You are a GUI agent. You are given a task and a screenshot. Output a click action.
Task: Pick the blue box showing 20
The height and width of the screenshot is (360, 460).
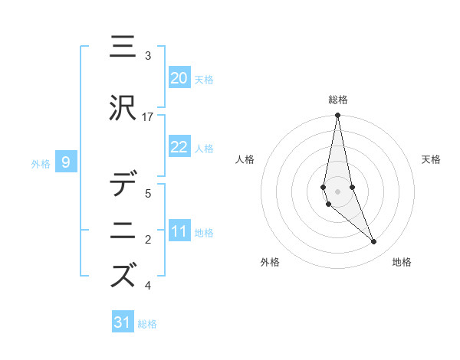[179, 77]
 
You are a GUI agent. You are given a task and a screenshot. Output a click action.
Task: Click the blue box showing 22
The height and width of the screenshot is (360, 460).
[179, 147]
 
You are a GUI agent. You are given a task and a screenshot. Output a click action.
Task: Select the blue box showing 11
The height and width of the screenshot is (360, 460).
[179, 232]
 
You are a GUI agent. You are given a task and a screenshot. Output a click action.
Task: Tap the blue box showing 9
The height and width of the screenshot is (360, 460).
[66, 162]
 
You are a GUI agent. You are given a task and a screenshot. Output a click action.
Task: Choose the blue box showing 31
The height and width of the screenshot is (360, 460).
[123, 322]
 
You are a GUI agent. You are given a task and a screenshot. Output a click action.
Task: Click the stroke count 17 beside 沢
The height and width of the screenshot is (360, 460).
[148, 116]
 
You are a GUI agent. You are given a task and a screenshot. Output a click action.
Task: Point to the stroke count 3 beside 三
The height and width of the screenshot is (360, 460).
[148, 56]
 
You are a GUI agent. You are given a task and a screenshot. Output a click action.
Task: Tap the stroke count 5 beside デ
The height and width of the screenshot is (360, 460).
[148, 194]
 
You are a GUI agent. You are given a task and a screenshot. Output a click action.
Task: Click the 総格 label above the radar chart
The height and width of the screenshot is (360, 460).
[338, 100]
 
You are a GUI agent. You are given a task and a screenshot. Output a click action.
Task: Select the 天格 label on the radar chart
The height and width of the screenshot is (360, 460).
[432, 159]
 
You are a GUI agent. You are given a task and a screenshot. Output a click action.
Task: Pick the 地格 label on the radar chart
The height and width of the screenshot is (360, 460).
[402, 263]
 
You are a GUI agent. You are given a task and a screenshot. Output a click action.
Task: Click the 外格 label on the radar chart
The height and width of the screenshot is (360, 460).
[270, 263]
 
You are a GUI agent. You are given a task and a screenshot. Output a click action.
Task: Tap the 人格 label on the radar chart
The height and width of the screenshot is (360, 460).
[245, 159]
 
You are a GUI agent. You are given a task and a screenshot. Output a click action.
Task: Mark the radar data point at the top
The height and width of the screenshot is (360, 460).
[337, 116]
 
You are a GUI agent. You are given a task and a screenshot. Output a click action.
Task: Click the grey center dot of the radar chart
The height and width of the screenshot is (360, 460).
[337, 191]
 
